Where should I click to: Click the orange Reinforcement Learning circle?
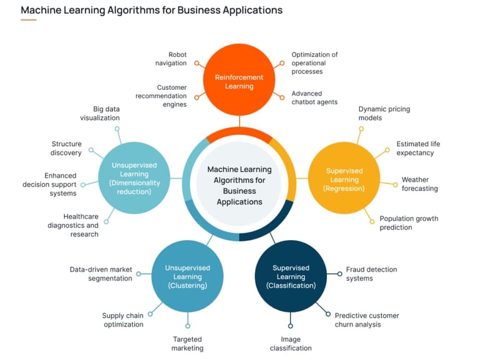click(x=239, y=82)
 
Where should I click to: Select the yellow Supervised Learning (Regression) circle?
click(x=344, y=180)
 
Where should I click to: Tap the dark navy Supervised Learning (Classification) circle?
click(x=291, y=276)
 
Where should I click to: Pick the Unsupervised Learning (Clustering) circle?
click(x=187, y=276)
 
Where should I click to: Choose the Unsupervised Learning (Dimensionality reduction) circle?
click(x=135, y=178)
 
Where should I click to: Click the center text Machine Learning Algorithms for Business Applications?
click(x=239, y=185)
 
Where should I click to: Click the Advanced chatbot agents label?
click(x=314, y=98)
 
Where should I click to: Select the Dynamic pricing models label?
click(x=384, y=113)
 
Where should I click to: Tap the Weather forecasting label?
click(x=419, y=184)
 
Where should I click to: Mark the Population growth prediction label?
click(x=409, y=223)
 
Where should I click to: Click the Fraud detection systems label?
click(x=371, y=274)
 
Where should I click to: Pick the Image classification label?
click(x=291, y=343)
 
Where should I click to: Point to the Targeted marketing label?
click(x=187, y=343)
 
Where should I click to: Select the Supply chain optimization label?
click(x=123, y=320)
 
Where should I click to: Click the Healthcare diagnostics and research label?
click(x=73, y=225)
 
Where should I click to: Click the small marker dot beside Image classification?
click(x=291, y=326)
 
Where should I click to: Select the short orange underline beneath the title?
click(x=28, y=20)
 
